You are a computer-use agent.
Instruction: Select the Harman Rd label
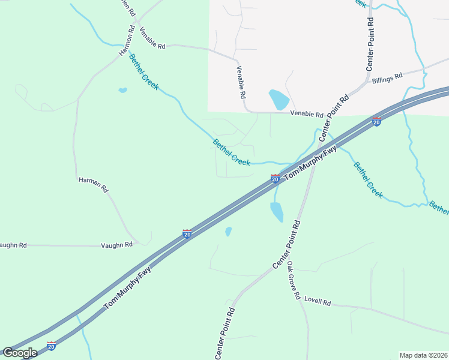[93, 184]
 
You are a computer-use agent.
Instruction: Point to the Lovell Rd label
[318, 302]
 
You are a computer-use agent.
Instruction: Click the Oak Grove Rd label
[293, 280]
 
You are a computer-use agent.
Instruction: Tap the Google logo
[19, 352]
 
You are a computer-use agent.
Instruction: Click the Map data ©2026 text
[424, 355]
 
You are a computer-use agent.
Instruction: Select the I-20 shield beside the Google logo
[51, 346]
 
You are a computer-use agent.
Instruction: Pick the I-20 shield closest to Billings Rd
[376, 122]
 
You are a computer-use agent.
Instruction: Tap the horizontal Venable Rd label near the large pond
[307, 113]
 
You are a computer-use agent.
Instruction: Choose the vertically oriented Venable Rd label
[241, 82]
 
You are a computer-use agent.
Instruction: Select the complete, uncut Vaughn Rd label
[116, 245]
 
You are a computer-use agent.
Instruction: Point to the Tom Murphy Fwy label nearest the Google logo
[128, 290]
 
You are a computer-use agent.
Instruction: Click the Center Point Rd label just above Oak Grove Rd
[286, 244]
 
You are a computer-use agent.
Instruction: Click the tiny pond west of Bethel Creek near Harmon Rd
[122, 91]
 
